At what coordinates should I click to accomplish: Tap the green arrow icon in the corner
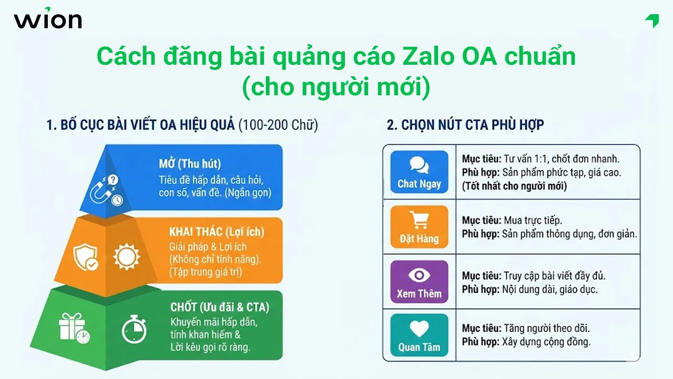tap(652, 21)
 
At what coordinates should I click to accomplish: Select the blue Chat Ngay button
tap(419, 172)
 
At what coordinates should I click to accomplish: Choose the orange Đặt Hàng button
tap(419, 227)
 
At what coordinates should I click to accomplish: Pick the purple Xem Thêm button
tap(419, 282)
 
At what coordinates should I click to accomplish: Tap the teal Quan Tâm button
tap(419, 335)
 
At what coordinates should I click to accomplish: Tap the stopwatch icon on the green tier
tap(134, 328)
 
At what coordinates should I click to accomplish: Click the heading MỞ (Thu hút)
tap(190, 163)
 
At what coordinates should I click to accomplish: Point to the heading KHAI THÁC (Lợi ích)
tap(217, 232)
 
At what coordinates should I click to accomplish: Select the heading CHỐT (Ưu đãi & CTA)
tap(219, 307)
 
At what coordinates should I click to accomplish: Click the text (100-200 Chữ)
tap(278, 125)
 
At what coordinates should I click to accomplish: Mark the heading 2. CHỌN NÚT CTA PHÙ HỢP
tap(465, 125)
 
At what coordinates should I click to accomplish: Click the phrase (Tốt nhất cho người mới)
tap(514, 186)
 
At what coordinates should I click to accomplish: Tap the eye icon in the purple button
tap(419, 275)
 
